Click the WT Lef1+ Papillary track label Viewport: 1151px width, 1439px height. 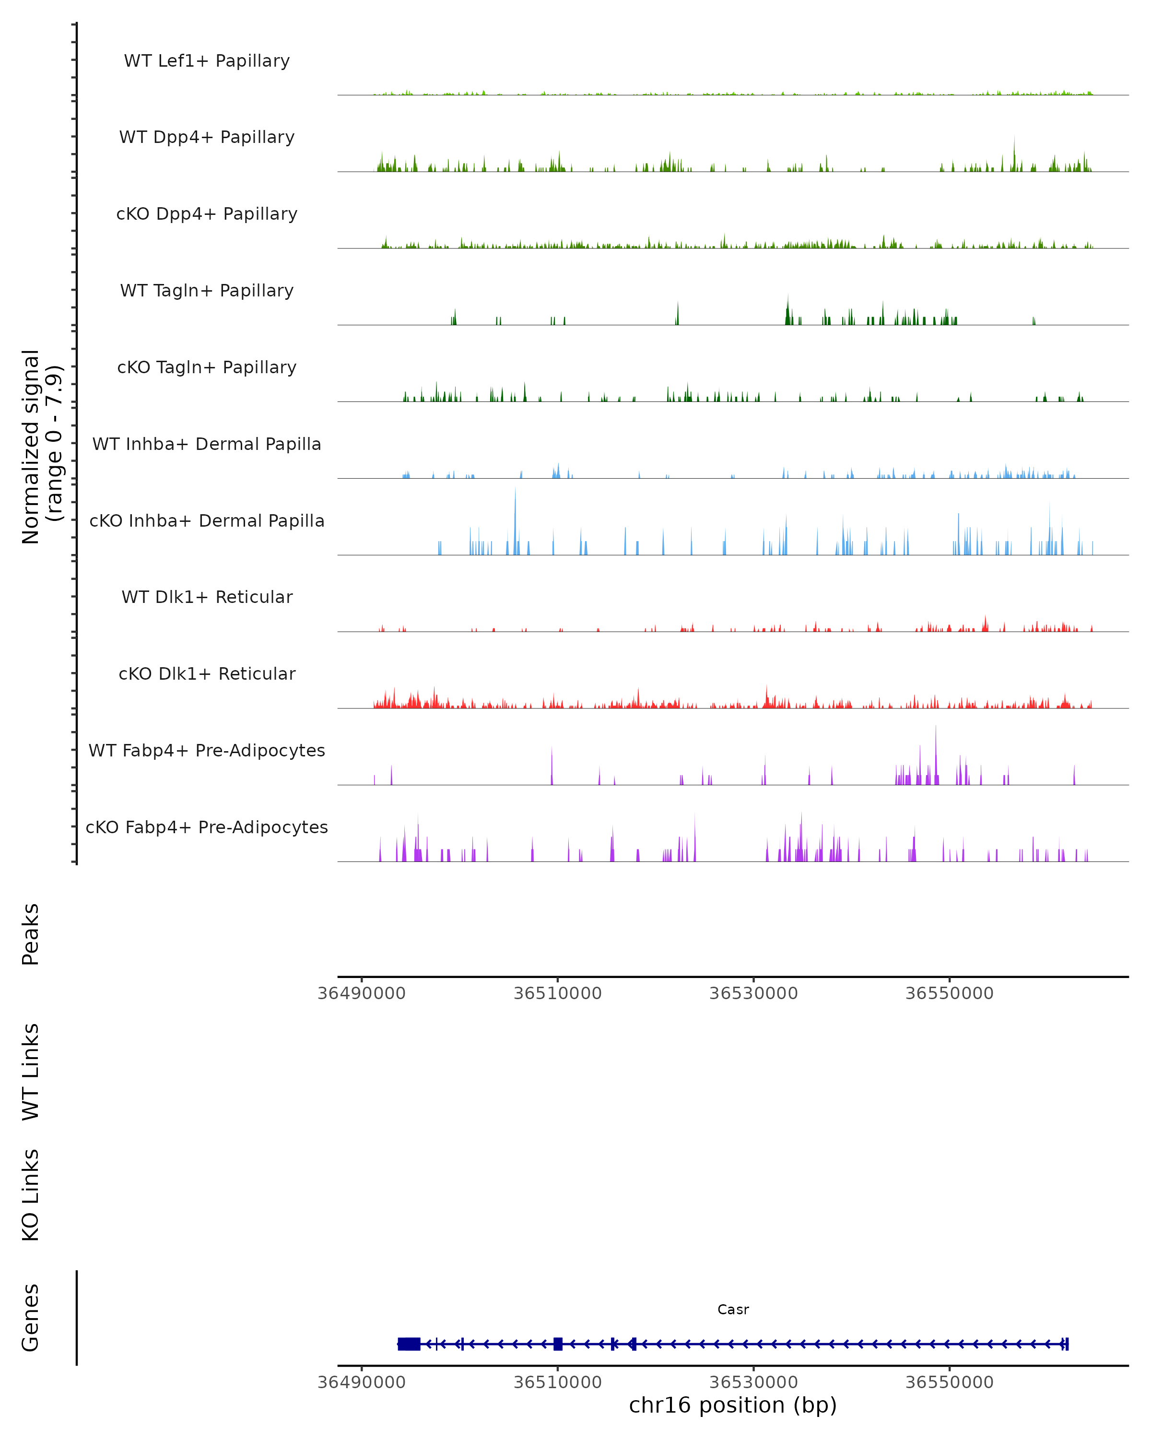click(x=207, y=61)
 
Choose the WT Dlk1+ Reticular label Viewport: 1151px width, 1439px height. click(x=207, y=597)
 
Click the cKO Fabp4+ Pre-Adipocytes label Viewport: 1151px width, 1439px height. click(x=207, y=827)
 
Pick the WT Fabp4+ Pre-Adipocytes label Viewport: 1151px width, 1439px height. click(x=207, y=750)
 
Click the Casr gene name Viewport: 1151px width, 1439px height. click(x=733, y=1309)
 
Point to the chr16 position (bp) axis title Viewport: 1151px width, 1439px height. click(x=733, y=1404)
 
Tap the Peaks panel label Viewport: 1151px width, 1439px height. click(x=31, y=934)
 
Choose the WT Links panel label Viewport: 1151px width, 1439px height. click(x=31, y=1071)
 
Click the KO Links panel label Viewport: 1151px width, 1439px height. click(x=31, y=1195)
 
